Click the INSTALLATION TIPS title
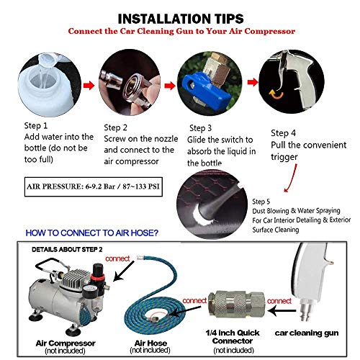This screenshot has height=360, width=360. point(181,19)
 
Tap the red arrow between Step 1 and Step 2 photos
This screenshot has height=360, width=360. point(89,85)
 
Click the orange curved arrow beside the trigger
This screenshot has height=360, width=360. point(276,94)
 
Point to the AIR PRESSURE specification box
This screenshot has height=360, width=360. point(94,186)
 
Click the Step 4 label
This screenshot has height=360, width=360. point(283,133)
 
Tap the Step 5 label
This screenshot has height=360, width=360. point(261,202)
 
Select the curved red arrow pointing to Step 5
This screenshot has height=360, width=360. point(291,178)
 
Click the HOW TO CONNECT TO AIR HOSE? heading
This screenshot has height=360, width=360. point(92,233)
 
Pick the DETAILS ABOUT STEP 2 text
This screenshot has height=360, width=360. point(67,250)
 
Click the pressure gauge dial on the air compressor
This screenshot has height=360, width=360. point(87,290)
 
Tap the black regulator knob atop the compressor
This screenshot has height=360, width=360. point(98,269)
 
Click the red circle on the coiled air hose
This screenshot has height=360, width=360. point(160,318)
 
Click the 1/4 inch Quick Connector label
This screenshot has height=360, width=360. point(233,337)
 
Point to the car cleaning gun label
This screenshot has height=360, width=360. point(307,333)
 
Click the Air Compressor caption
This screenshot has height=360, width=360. point(66,343)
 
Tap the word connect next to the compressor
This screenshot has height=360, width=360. point(117,258)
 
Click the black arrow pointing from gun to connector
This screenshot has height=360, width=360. point(282,311)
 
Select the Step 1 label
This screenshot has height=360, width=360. point(36,125)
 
